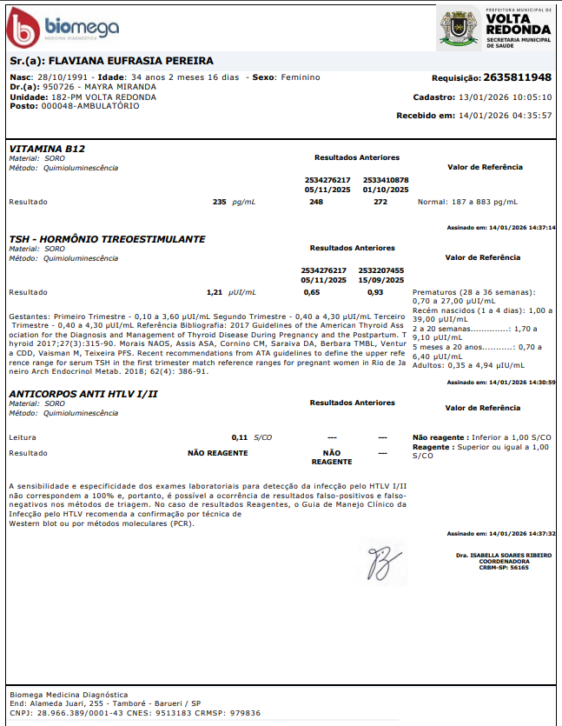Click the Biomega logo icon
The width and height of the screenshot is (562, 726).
(x=23, y=29)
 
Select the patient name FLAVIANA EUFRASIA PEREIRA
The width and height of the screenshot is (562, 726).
(x=130, y=62)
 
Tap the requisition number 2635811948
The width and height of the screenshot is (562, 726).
(x=518, y=77)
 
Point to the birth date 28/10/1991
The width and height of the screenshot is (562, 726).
(x=57, y=77)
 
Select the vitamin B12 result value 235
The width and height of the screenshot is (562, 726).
(x=219, y=202)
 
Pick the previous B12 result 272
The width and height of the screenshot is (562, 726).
(x=380, y=202)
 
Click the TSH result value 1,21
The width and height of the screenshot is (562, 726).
(x=215, y=292)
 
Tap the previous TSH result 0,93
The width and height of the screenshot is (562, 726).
(x=375, y=292)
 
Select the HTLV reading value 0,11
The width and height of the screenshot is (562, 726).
(x=240, y=436)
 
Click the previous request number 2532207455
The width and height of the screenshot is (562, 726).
(x=381, y=270)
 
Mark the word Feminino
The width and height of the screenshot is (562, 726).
(x=300, y=77)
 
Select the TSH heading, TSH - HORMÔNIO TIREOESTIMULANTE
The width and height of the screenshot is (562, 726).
(x=107, y=238)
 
